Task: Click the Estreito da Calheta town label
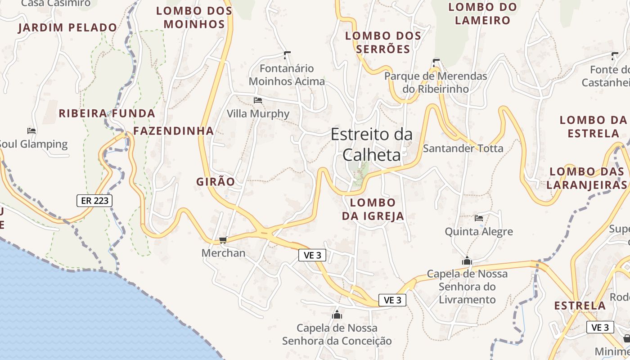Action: (371, 144)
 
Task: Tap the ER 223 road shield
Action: (94, 201)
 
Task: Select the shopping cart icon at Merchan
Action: (223, 240)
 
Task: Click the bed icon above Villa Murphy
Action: (258, 100)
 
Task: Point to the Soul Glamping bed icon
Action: (31, 131)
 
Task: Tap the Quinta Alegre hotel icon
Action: (479, 218)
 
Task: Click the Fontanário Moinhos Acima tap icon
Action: (287, 55)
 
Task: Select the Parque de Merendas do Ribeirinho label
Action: (436, 82)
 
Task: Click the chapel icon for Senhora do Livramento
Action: (467, 261)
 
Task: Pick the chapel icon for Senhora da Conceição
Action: (337, 315)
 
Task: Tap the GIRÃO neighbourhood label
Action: (216, 182)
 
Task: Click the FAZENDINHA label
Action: (173, 131)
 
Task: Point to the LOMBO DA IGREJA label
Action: (373, 209)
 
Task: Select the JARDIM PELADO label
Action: (67, 28)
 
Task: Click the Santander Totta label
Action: (463, 148)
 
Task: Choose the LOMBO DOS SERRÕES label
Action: (383, 42)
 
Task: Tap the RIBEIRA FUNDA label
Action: (107, 113)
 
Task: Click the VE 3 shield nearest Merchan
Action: (312, 256)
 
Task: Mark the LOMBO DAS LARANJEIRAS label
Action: (587, 178)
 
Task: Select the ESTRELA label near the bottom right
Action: (580, 306)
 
